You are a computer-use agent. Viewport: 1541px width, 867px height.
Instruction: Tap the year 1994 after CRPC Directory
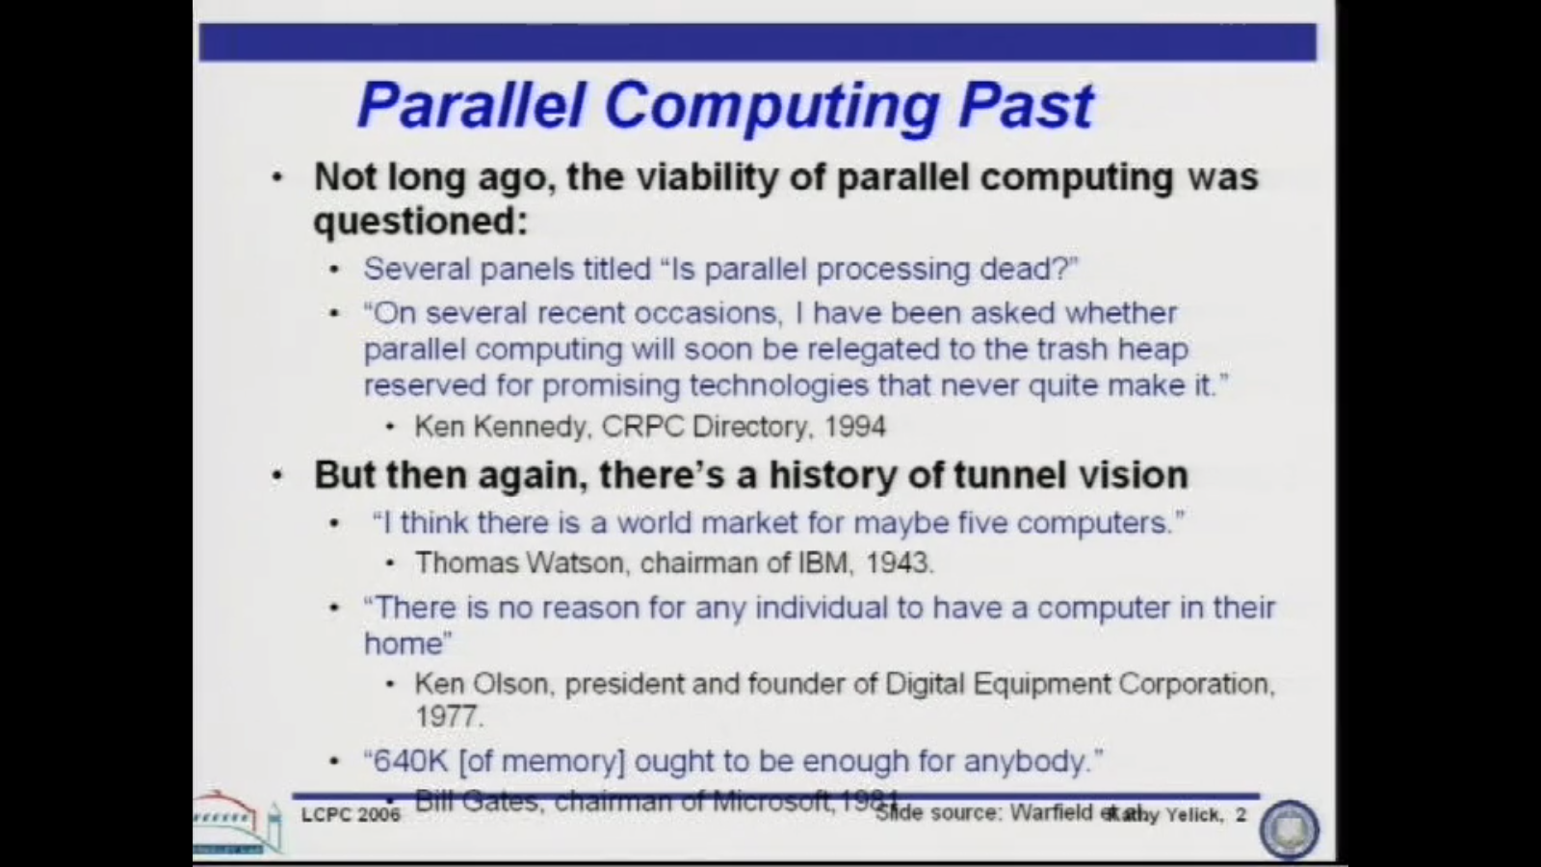855,426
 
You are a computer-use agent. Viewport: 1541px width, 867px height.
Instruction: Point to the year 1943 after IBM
899,563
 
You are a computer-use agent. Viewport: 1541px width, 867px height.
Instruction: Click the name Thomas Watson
519,563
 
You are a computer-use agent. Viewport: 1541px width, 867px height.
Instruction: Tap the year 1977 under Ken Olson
448,717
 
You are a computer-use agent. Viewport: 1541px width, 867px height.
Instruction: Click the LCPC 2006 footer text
351,815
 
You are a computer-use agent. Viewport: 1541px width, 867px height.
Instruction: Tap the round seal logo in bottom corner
1289,828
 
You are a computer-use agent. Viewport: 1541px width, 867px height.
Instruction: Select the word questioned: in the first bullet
421,222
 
